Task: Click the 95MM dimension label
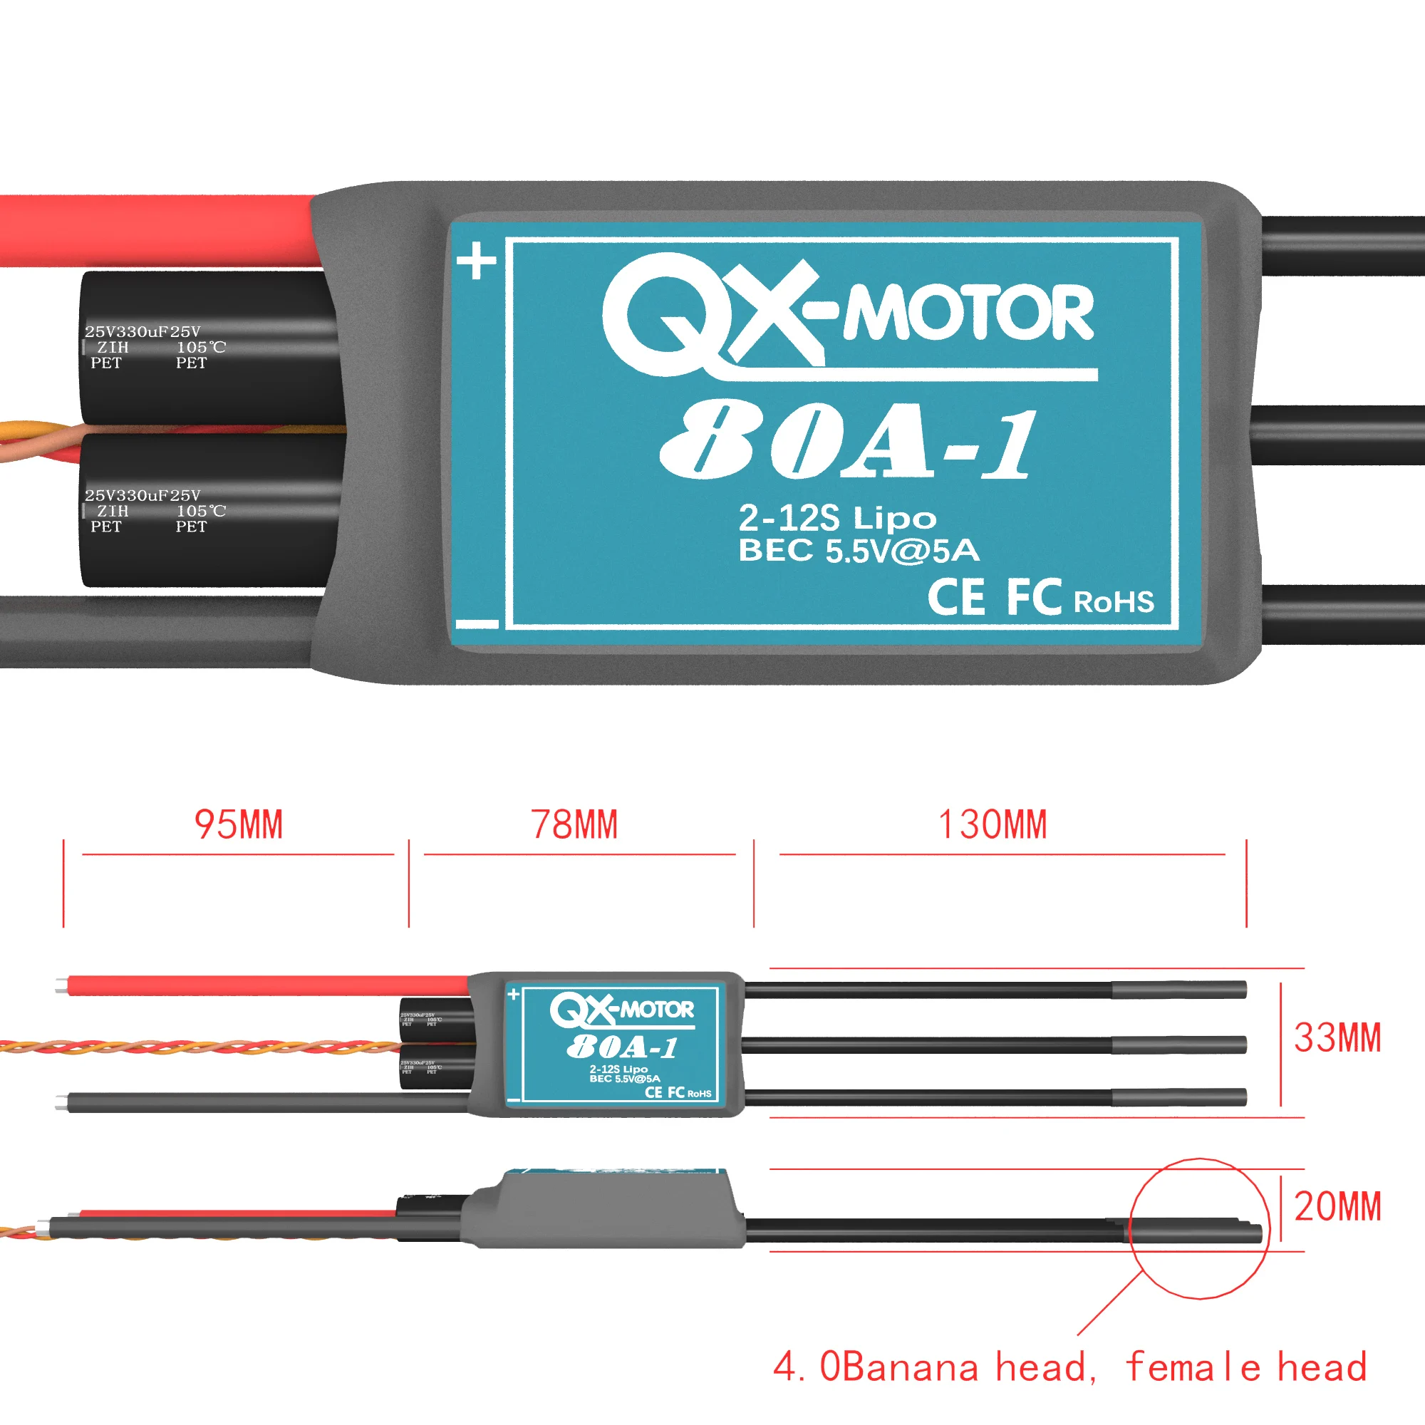238,825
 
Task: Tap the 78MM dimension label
574,825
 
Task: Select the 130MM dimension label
993,825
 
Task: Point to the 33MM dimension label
1337,1039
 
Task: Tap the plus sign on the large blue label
477,261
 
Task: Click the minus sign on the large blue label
477,625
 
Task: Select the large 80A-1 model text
848,441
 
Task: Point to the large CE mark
956,598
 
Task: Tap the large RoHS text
1114,603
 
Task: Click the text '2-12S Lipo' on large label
837,519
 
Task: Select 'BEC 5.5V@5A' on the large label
859,551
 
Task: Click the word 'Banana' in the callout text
909,1367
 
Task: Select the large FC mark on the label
1034,598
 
